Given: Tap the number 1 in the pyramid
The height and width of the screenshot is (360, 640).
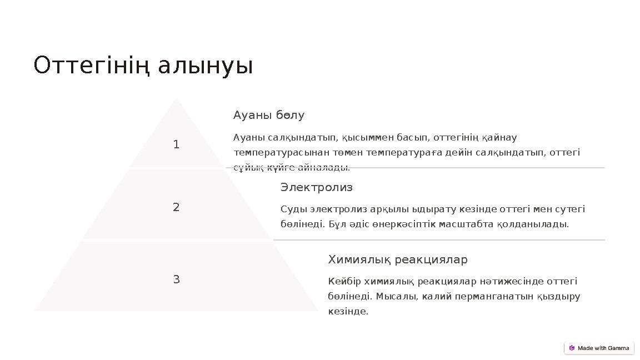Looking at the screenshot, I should pos(176,145).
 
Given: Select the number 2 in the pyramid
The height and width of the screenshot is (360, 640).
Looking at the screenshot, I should pos(176,208).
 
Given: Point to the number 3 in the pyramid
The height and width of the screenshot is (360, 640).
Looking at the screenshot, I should pos(176,279).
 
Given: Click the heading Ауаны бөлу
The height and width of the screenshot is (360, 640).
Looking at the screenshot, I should pos(269,115).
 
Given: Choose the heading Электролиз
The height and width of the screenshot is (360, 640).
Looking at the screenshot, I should pos(317,187).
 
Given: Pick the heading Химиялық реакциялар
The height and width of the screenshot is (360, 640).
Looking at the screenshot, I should pos(398,259).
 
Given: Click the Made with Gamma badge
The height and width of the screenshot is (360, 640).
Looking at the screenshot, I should pos(599,348).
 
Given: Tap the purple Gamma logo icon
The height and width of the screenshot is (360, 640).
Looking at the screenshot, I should pos(572,348).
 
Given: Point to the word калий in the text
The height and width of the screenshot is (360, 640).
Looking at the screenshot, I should pos(439,296).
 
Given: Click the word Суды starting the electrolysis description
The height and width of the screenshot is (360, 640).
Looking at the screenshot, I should pos(292,209).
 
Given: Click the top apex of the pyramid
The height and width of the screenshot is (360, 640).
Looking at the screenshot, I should pos(177,101).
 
